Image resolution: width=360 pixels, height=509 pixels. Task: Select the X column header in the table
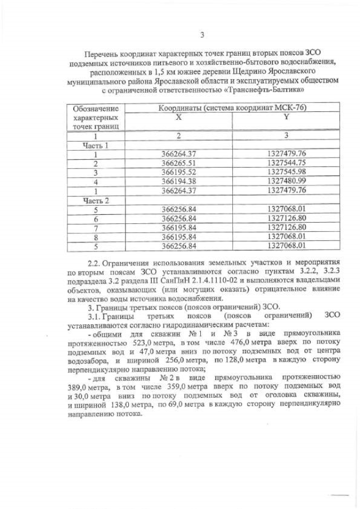tap(178, 117)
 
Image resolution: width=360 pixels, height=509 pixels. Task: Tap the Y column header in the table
tap(286, 117)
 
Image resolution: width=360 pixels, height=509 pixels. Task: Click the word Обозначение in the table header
tap(96, 108)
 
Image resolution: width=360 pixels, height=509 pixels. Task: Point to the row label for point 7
tap(96, 227)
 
